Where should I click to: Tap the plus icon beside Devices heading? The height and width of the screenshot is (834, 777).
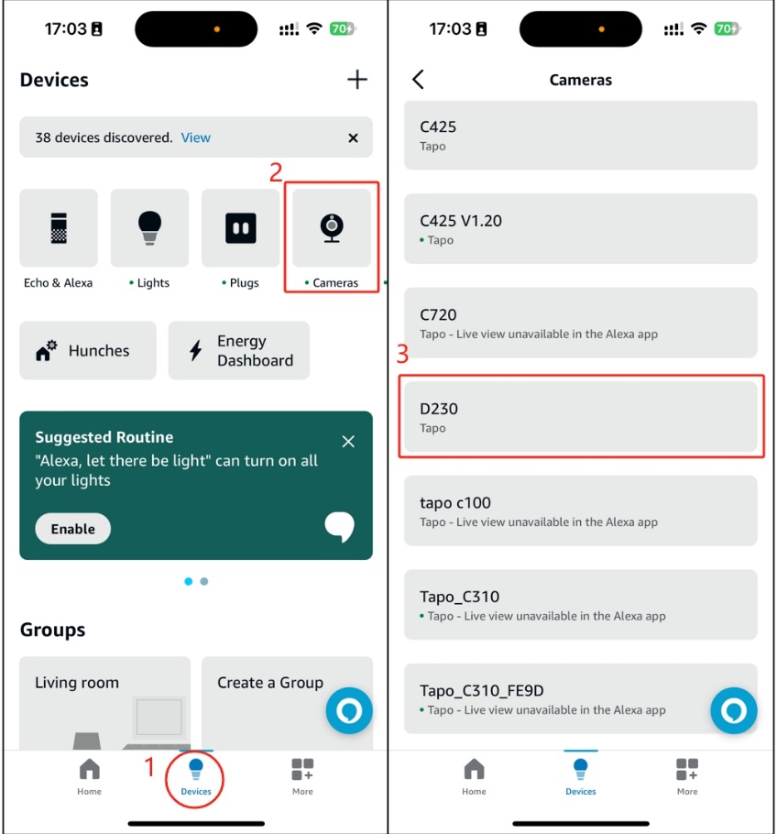357,80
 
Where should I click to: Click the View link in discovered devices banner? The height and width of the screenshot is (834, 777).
195,137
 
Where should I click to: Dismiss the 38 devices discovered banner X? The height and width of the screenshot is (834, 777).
353,137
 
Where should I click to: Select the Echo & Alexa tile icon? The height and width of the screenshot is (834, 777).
59,228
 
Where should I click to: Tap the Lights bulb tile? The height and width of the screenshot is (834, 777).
149,228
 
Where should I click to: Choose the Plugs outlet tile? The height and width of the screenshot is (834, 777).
240,228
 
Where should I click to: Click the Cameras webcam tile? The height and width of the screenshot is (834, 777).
332,228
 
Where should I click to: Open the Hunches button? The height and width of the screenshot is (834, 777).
87,350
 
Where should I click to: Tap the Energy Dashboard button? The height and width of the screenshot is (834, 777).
238,350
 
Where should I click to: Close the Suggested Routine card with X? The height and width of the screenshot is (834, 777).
348,442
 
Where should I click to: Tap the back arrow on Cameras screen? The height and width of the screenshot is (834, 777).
419,80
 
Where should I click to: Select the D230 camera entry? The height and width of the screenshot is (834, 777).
581,417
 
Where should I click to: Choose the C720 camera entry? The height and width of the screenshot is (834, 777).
581,323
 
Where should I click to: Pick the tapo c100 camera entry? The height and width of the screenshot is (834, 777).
581,510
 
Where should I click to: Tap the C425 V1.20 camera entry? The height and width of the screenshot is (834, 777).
581,228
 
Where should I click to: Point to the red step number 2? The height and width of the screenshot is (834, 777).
275,172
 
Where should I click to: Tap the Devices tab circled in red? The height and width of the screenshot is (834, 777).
195,778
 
